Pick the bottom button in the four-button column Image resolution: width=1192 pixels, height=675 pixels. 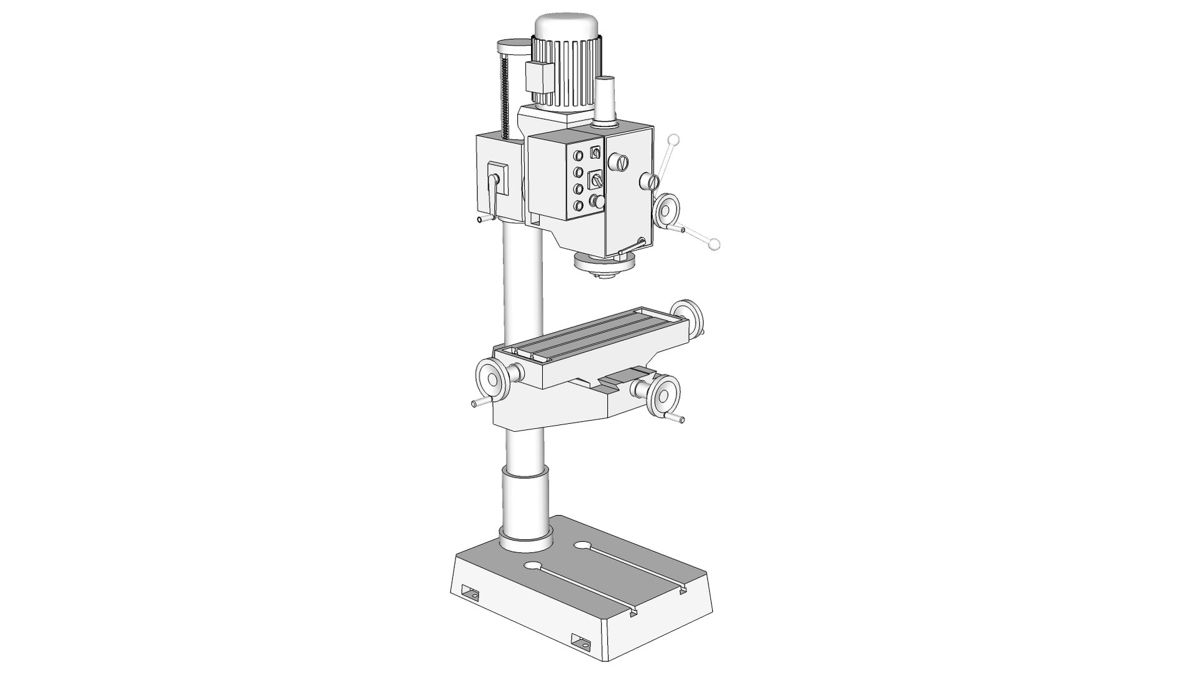579,205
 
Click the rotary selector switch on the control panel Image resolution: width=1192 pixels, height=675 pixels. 596,180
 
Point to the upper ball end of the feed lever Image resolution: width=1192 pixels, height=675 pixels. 673,139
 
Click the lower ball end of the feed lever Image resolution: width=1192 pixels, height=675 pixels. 714,244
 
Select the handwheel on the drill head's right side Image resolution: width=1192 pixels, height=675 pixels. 668,209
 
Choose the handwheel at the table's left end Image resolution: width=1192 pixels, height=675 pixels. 491,381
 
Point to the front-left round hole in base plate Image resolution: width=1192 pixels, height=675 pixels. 532,567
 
